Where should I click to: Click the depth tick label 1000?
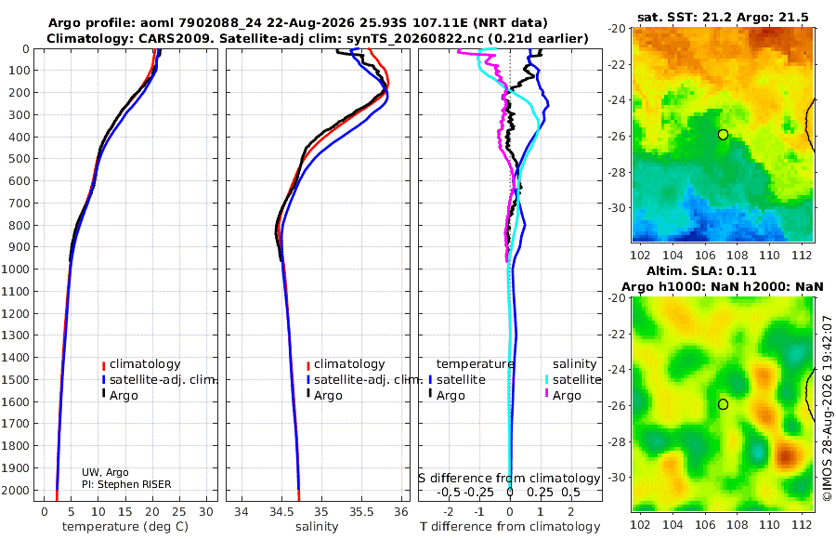(x=15, y=269)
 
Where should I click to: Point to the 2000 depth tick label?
(x=15, y=490)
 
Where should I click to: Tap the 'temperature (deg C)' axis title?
(x=125, y=527)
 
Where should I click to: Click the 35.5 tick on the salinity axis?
(x=361, y=511)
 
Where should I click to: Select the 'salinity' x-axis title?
(x=317, y=527)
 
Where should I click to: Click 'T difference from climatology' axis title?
(x=510, y=527)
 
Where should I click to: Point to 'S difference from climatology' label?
(x=509, y=478)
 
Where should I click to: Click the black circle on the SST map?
(x=723, y=135)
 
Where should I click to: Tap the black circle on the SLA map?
(x=723, y=404)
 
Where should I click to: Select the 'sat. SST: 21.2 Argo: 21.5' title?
(x=723, y=17)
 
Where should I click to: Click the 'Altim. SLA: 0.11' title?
(x=701, y=271)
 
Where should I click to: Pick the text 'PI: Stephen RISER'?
(x=126, y=484)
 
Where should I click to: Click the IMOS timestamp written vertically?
(x=828, y=408)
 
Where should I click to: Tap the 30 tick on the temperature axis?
(x=206, y=511)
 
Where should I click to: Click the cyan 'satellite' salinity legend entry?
(x=574, y=379)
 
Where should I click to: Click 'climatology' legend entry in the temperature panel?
(x=141, y=364)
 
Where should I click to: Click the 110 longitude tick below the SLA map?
(x=769, y=524)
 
